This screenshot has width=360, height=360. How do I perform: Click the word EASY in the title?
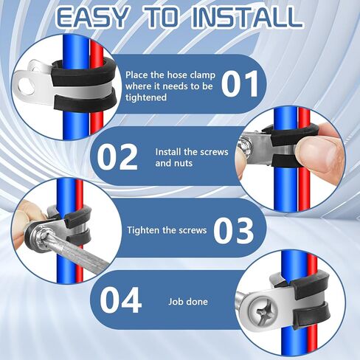tap(93, 17)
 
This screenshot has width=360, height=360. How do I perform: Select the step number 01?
tap(240, 84)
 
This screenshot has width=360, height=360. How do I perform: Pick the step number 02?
tap(117, 157)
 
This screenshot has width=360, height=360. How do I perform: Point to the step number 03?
tap(233, 230)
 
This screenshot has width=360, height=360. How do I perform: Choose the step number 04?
tap(121, 300)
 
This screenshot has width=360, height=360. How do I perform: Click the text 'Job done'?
tap(188, 302)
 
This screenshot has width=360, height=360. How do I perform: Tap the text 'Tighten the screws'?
tap(167, 230)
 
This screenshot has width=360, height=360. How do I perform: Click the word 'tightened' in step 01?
tap(146, 97)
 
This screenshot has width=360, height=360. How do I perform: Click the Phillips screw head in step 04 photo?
tap(263, 311)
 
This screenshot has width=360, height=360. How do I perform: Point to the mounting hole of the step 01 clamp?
tap(25, 86)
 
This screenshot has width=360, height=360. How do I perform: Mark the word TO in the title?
tap(162, 17)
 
